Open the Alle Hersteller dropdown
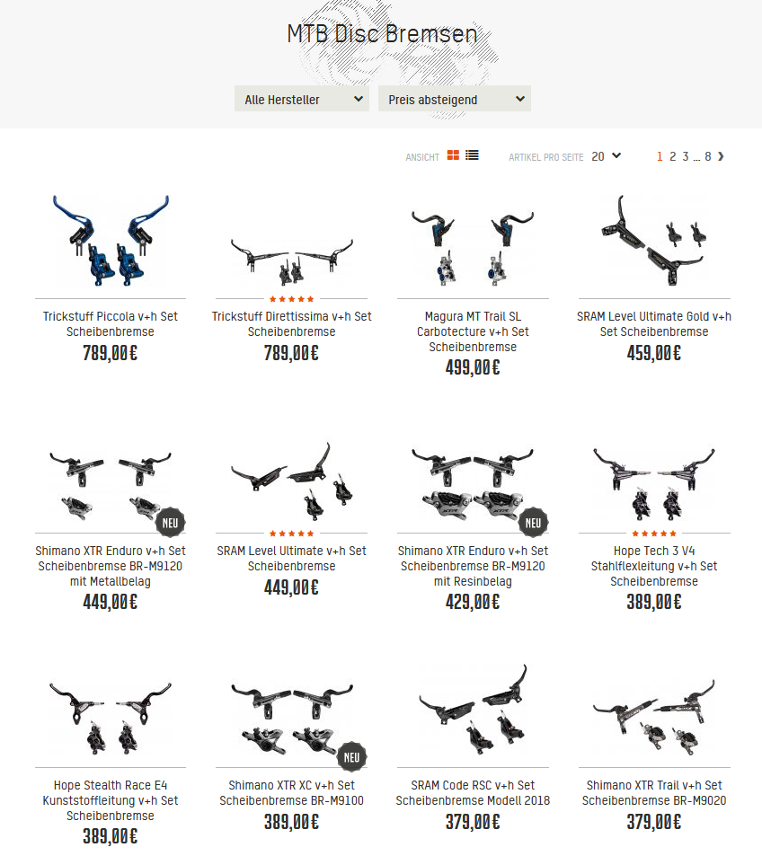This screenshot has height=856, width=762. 302,99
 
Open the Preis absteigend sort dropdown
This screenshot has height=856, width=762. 455,99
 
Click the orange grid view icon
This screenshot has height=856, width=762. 453,155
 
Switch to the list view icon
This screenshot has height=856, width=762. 472,155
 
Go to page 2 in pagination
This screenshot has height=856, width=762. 672,156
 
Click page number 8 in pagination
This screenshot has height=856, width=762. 707,156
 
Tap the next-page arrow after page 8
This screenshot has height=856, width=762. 721,156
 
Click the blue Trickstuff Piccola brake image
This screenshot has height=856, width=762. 111,240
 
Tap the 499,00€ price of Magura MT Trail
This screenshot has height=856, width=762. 473,367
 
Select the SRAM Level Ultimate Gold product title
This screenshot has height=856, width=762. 654,323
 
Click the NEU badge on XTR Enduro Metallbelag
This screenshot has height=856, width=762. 171,523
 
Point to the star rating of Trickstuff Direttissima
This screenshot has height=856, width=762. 292,299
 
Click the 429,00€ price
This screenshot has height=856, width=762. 473,602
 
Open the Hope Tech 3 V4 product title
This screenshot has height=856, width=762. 654,566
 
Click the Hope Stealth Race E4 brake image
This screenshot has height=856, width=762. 111,718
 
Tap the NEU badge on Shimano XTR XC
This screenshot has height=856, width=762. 351,757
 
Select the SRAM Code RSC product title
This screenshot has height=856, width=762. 473,792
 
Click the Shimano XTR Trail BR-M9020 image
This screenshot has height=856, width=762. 654,716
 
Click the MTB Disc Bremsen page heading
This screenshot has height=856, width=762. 383,34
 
